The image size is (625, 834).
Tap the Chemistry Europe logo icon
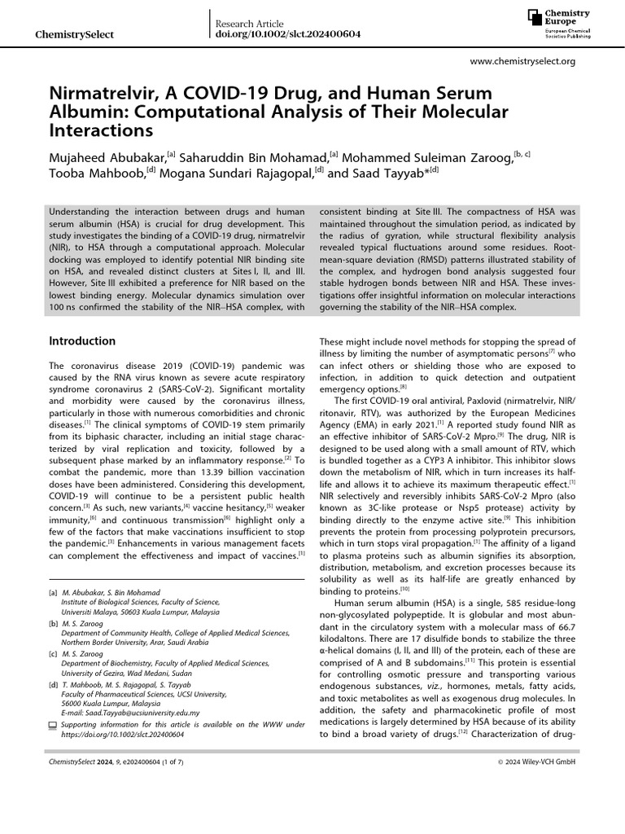pos(535,19)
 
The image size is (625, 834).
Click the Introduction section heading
pos(83,340)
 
